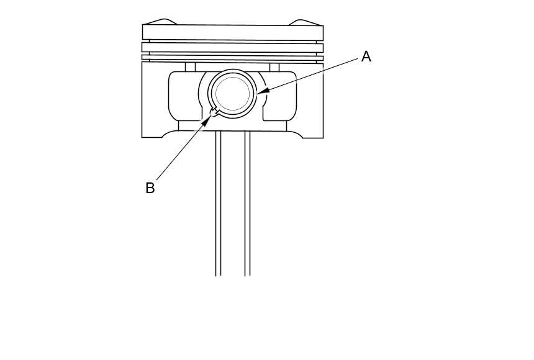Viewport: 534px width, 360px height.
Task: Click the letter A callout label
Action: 366,56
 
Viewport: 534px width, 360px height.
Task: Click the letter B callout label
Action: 150,187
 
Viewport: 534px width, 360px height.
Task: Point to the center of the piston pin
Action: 233,94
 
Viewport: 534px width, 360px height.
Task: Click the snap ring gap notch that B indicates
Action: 214,112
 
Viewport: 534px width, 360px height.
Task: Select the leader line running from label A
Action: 310,74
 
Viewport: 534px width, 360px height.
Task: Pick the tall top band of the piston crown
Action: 233,32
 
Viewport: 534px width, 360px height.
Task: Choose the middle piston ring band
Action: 233,47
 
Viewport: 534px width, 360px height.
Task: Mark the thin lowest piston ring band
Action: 233,58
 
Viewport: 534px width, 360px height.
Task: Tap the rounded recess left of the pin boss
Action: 185,96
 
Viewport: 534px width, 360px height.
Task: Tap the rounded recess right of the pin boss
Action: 280,96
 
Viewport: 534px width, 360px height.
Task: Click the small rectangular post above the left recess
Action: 190,66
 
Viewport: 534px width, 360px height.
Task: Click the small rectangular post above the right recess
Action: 274,66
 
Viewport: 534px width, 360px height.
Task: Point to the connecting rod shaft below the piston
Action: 233,205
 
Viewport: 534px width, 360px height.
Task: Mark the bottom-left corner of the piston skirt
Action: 143,136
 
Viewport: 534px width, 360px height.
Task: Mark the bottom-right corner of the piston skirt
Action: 322,136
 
